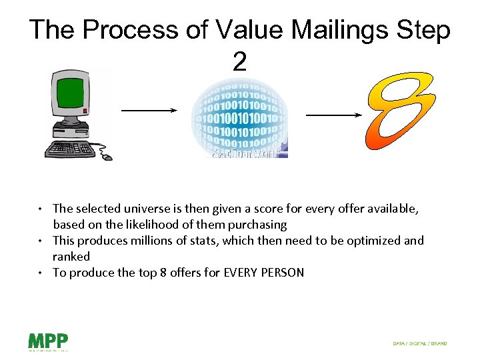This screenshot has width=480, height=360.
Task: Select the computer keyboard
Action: [69, 147]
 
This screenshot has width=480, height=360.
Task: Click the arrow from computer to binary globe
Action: [149, 111]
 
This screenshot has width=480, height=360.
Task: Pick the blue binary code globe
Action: [239, 115]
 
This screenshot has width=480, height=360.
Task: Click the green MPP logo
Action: [47, 341]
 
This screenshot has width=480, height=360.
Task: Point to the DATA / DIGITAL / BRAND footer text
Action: [419, 343]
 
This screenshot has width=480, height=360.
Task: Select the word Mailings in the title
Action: [318, 31]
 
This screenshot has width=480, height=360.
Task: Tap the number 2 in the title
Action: [239, 62]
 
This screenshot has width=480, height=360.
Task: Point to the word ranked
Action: [71, 257]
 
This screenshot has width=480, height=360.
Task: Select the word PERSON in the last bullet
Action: [280, 273]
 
